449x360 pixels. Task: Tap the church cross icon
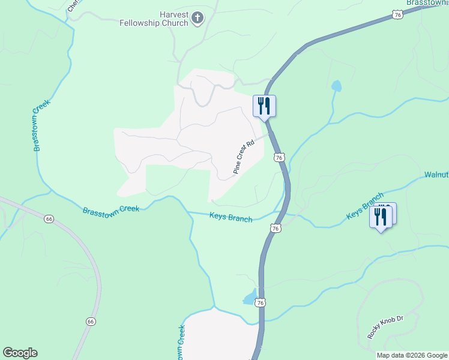[197, 19]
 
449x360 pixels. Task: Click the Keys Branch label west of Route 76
[231, 217]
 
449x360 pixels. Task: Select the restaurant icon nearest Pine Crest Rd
[264, 106]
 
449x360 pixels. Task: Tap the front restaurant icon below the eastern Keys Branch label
[381, 217]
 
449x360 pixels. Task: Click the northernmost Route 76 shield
[397, 14]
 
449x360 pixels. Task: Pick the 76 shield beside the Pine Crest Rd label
[279, 157]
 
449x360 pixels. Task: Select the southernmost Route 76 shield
[260, 304]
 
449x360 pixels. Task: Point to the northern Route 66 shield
[49, 219]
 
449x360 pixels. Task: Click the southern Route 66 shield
[91, 322]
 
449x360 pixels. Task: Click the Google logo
[20, 353]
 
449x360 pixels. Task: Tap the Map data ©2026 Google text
[412, 355]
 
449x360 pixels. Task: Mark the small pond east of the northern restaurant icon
[336, 86]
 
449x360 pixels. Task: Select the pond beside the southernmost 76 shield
[249, 299]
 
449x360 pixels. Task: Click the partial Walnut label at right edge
[436, 175]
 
